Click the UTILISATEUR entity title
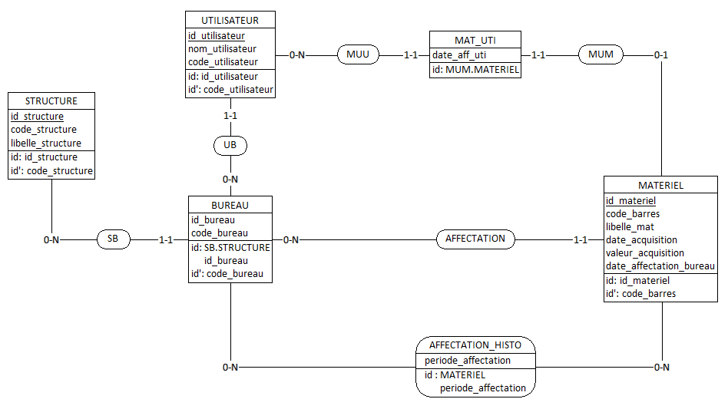pos(230,20)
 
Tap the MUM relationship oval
pos(601,55)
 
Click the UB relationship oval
pos(230,144)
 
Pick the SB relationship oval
pos(113,239)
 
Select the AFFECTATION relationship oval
pos(475,239)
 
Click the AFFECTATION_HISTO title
pos(475,345)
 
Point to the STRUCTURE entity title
pos(51,101)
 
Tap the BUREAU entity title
pos(230,205)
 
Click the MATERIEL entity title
pos(660,186)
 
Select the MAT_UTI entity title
pos(475,40)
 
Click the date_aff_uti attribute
pos(458,54)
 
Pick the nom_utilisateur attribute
pos(222,48)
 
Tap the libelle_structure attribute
pos(45,143)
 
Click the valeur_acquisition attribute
pos(644,252)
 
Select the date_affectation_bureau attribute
pos(660,266)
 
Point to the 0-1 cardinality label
pos(661,55)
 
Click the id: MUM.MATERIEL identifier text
pos(475,69)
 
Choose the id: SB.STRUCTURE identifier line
pos(230,247)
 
